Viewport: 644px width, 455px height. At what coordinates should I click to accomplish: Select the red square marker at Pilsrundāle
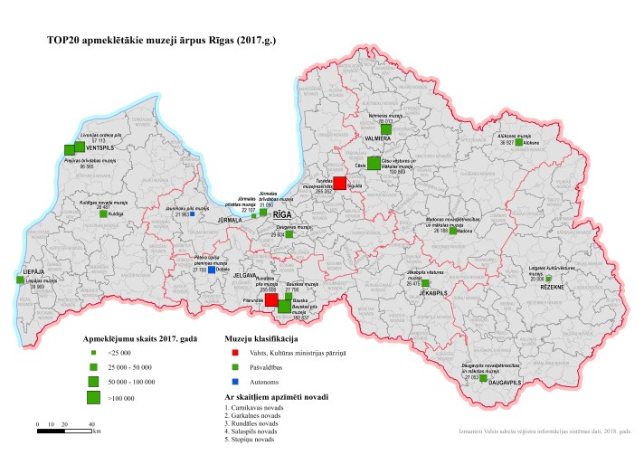271,299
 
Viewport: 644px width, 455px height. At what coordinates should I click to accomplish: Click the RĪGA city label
283,214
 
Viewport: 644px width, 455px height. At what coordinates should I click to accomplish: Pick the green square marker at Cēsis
374,163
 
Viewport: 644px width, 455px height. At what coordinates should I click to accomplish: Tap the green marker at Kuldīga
102,214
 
